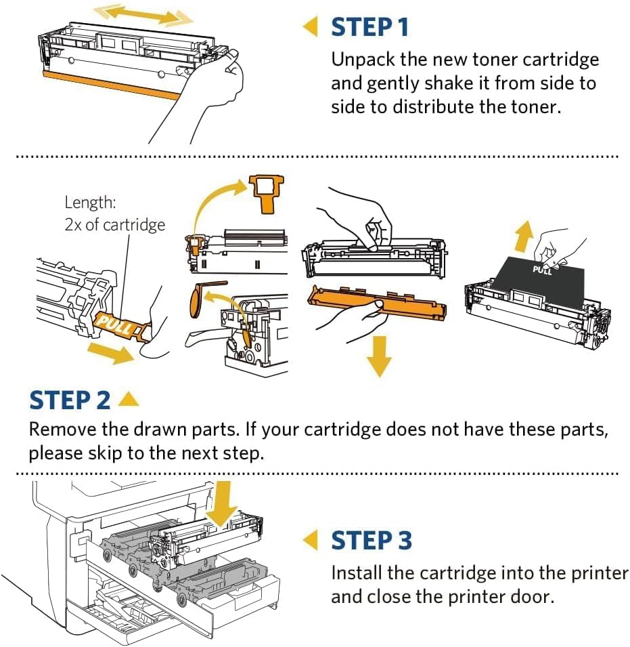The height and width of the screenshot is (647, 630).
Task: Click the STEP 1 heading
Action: coord(370,28)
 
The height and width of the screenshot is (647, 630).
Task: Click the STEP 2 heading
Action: coord(69,400)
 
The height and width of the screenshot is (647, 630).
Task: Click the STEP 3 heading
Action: coord(371,541)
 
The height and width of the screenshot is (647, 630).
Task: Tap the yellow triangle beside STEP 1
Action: coord(310,28)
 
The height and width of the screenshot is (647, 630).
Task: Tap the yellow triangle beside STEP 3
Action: coord(310,541)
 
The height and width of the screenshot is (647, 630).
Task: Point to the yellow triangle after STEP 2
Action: coord(128,400)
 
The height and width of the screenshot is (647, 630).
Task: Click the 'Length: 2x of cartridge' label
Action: coord(114,213)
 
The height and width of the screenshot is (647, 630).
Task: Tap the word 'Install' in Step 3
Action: coord(357,573)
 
